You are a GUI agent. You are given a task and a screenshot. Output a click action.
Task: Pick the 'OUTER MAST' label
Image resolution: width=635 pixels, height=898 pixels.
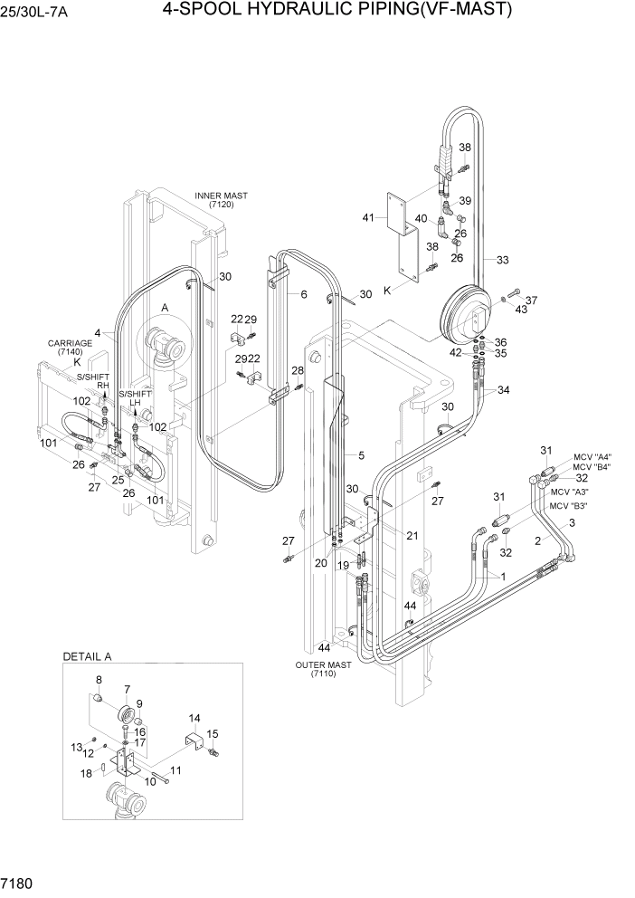[x=323, y=664]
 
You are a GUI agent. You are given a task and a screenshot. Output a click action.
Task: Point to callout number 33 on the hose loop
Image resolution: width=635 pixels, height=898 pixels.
[x=502, y=260]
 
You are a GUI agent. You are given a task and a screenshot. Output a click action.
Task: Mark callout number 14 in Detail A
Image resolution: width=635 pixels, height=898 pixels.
[x=194, y=718]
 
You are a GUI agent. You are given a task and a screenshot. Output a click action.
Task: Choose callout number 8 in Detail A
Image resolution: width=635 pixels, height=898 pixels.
[x=99, y=680]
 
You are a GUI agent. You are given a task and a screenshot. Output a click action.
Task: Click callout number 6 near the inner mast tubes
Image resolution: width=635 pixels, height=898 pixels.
[x=304, y=294]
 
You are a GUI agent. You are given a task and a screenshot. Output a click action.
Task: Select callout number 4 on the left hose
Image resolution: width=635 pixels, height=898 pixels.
[x=110, y=332]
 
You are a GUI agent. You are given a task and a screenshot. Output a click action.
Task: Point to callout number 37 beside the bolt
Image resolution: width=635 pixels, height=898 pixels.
[x=532, y=301]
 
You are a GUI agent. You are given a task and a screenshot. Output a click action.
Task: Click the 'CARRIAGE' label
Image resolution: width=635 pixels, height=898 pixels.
[x=71, y=344]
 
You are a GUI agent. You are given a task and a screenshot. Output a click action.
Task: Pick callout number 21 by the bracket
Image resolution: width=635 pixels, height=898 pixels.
[x=412, y=535]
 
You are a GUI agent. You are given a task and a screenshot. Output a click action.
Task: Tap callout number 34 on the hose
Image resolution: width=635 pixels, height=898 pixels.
[x=503, y=390]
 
